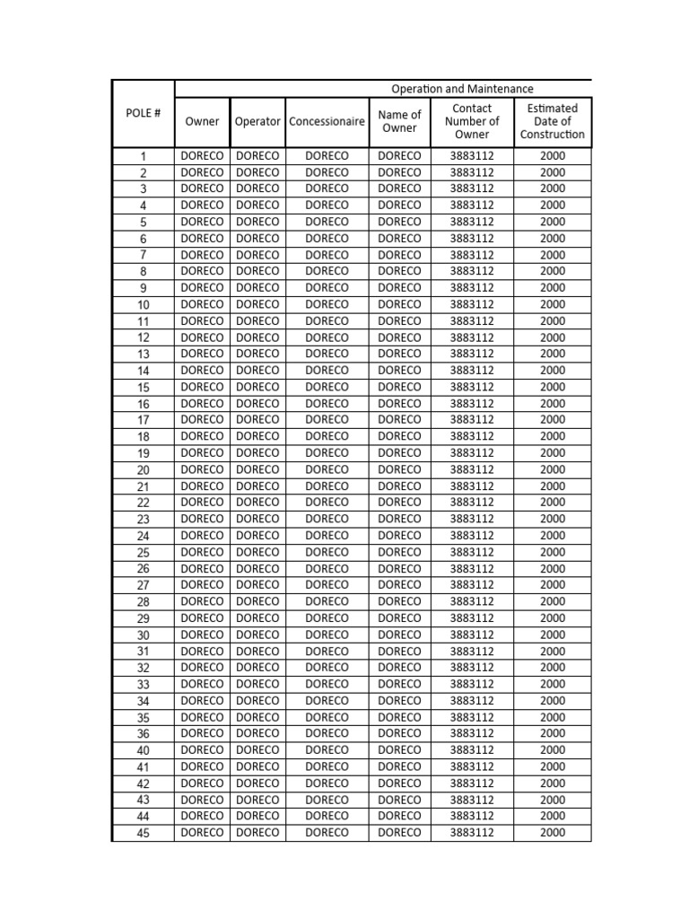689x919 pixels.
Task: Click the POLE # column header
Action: (x=144, y=114)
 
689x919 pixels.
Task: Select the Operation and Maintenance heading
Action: (x=462, y=89)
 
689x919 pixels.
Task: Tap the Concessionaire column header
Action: (x=327, y=122)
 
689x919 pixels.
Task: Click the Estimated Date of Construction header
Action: (x=552, y=122)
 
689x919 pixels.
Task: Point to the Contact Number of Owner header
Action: (x=472, y=122)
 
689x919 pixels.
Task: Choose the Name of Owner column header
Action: (x=399, y=122)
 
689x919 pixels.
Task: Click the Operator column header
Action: (x=257, y=122)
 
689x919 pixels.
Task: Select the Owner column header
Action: (x=202, y=122)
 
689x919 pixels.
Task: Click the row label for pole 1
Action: (x=144, y=156)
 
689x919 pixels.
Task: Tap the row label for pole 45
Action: (x=144, y=833)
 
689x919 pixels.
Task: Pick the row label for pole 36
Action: (x=144, y=734)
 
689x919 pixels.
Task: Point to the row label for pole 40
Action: (x=144, y=750)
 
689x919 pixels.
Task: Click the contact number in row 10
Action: (x=472, y=304)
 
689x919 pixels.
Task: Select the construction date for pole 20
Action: (x=553, y=469)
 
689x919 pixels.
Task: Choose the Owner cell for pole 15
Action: (x=202, y=387)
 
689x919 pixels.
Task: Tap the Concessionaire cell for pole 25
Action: (x=327, y=552)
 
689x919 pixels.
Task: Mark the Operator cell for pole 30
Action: (x=257, y=635)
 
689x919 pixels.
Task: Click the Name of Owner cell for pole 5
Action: (x=399, y=222)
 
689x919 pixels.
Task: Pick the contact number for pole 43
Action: (x=472, y=800)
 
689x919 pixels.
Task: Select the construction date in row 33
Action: (x=553, y=684)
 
